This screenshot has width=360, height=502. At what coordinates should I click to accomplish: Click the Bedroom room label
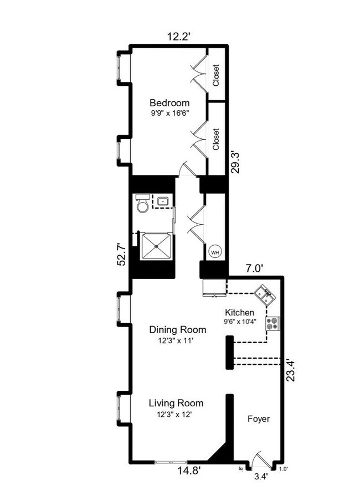coord(169,103)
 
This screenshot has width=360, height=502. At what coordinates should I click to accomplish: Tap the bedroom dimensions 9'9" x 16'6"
coord(169,114)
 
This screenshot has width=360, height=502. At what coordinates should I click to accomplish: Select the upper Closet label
coord(215,76)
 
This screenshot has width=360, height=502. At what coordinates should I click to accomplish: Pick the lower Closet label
coord(215,139)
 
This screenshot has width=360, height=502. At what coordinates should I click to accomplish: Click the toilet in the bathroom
coord(142,204)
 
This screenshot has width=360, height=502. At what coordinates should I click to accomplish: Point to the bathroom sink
coord(163,201)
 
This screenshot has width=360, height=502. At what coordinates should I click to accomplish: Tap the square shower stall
coord(157,246)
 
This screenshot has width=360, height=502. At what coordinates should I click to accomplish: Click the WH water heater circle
coord(214,252)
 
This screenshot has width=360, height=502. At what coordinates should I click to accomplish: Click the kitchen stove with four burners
coord(272,323)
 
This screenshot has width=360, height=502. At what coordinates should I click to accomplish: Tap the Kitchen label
coord(239,312)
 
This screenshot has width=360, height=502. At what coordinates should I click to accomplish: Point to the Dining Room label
coord(174,330)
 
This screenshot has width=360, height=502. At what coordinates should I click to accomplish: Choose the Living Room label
coord(176,403)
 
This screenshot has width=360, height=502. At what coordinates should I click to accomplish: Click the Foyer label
coord(258,419)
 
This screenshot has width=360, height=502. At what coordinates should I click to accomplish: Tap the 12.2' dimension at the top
coord(179,37)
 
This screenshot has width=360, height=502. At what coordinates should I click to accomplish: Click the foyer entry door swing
coord(258,458)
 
